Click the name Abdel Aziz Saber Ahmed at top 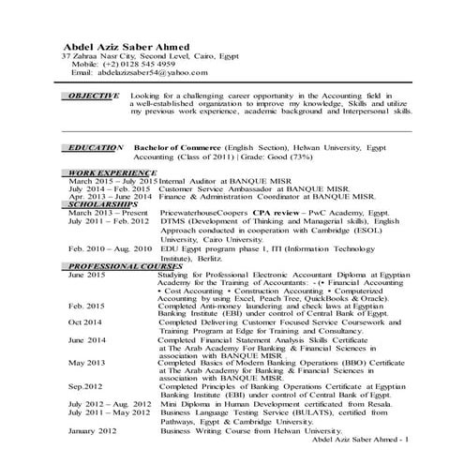click(125, 47)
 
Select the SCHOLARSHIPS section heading click(102, 202)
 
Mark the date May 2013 click(85, 362)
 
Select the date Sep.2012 click(84, 386)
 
